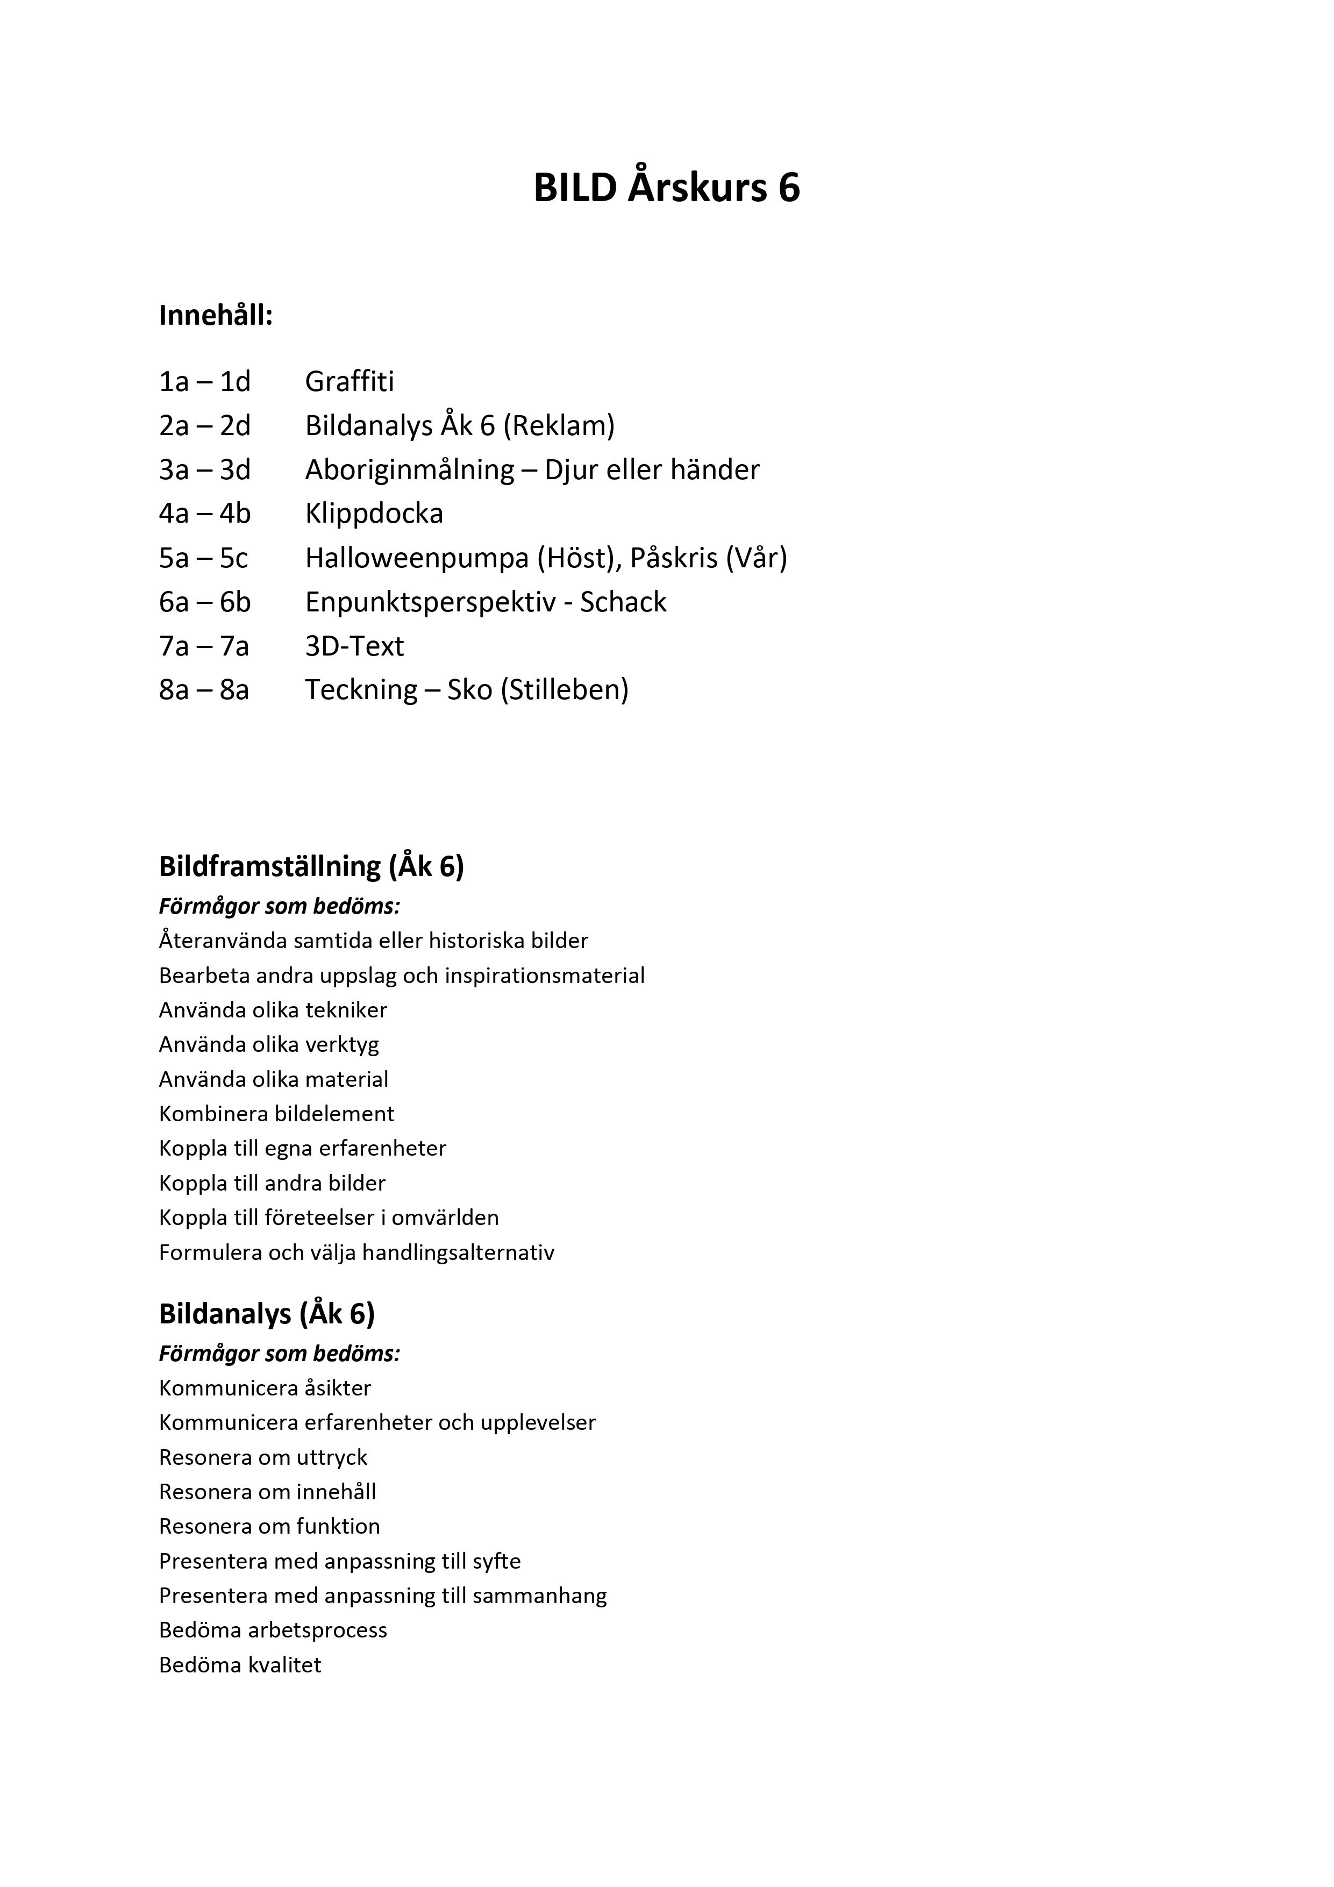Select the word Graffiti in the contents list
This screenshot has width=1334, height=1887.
pos(349,381)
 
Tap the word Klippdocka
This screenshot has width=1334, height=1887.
pos(374,514)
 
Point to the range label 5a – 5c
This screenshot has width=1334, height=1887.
pos(203,558)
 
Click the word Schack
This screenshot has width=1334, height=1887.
pos(623,602)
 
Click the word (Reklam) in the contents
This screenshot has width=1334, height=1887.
pos(559,426)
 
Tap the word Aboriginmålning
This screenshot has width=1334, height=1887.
pos(409,470)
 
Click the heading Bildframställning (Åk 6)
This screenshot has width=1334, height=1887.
pos(311,866)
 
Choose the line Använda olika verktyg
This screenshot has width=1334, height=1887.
pos(269,1044)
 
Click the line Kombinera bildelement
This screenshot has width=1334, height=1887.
pos(276,1114)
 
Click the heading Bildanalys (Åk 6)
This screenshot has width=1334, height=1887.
pos(266,1314)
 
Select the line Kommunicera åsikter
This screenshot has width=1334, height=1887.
pos(265,1388)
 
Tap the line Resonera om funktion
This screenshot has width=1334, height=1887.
pos(269,1526)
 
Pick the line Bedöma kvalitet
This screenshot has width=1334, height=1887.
pos(240,1665)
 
